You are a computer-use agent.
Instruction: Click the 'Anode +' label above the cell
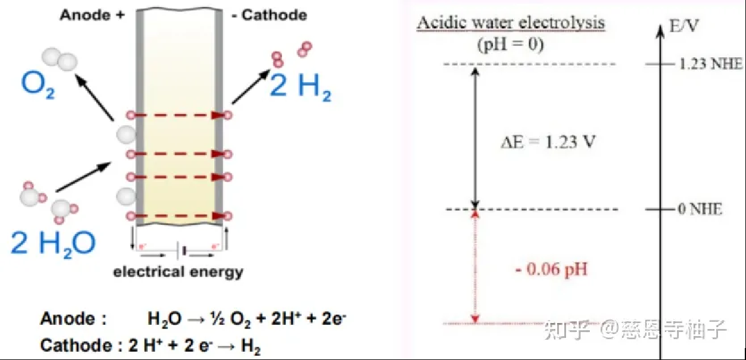coord(92,15)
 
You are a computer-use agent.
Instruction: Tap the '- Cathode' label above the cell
coord(269,15)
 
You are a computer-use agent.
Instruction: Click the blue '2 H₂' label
coord(301,86)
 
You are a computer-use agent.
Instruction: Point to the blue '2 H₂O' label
coord(53,244)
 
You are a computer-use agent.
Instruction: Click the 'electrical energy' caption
coord(178,272)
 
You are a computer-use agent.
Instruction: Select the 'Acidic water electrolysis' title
coord(511,23)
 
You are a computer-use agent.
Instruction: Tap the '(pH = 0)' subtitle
coord(511,44)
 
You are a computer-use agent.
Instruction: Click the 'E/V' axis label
coord(683,26)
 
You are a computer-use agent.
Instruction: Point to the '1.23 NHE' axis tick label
coord(711,64)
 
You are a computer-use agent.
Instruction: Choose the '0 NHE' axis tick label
coord(700,209)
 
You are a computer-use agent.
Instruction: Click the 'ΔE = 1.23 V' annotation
coord(548,142)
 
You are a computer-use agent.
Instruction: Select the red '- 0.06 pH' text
coord(551,269)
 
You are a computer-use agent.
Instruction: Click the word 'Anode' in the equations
coord(67,318)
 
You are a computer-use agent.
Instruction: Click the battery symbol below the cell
coord(181,250)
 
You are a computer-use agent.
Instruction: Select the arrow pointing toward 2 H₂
coord(251,86)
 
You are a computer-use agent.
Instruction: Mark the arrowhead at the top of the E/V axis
coord(660,30)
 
